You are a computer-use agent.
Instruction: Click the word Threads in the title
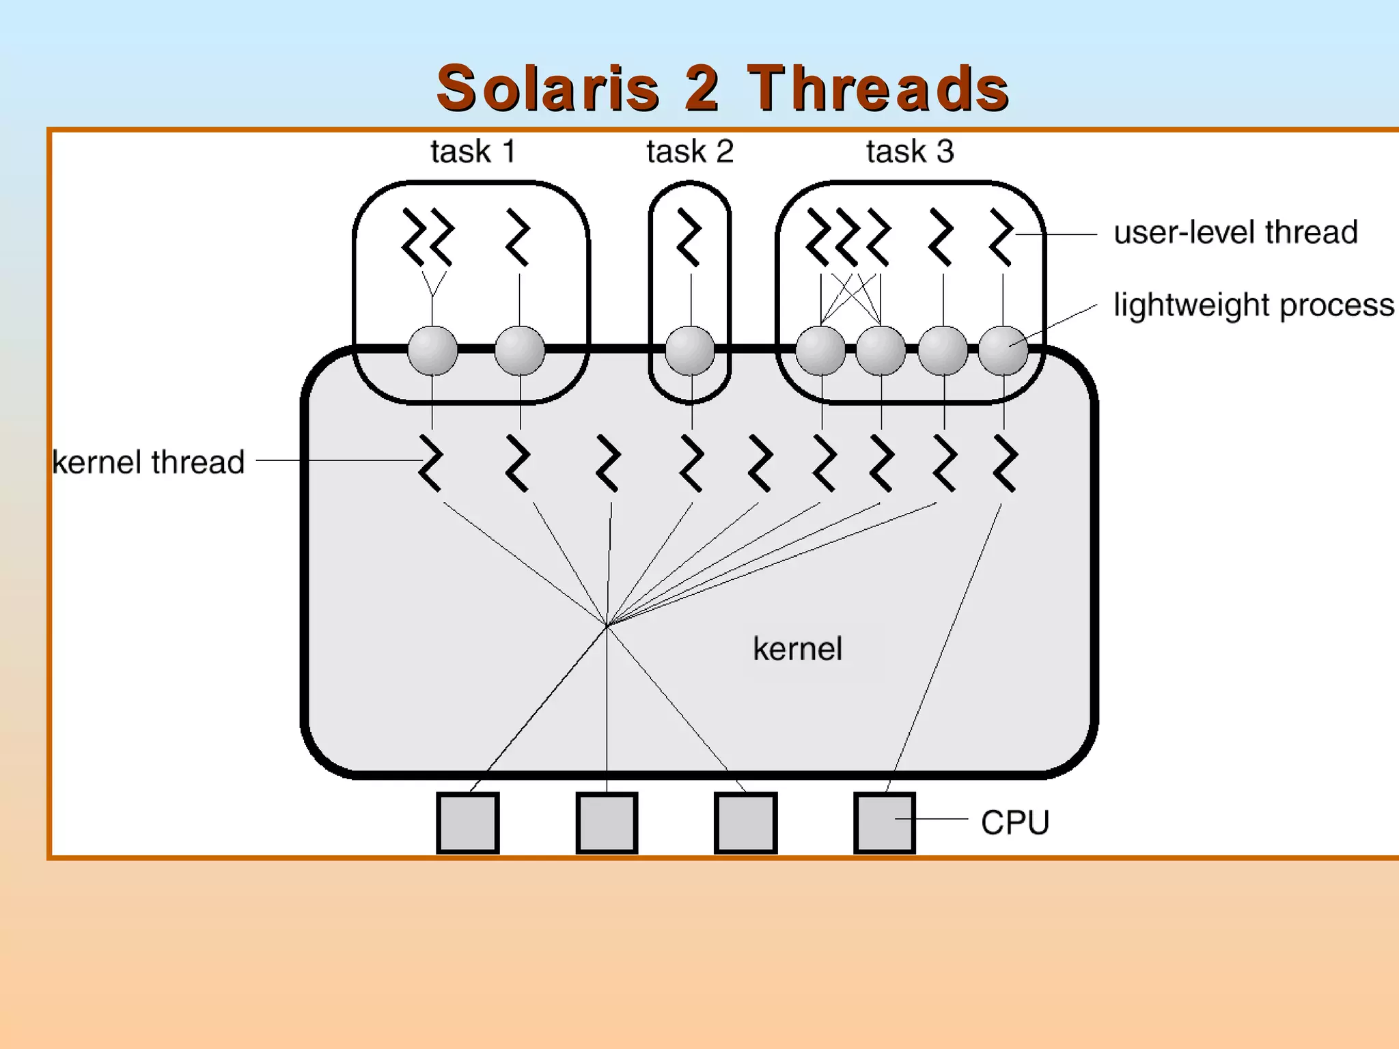(x=878, y=89)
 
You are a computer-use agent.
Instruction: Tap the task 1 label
(x=472, y=152)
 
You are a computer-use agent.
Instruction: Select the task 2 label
(x=690, y=152)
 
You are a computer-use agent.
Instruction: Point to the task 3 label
(x=910, y=152)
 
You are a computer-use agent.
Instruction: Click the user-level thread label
(x=1235, y=233)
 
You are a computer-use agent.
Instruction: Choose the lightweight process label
(x=1253, y=305)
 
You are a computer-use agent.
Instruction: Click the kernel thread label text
(x=148, y=462)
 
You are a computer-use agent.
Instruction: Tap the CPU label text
(x=1014, y=822)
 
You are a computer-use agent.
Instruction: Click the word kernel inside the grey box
(x=797, y=649)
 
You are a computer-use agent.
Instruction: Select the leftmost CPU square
(x=468, y=822)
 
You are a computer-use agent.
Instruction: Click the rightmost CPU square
(x=885, y=822)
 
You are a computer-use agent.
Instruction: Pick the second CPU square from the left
(x=607, y=822)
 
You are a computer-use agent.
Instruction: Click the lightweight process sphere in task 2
(x=690, y=350)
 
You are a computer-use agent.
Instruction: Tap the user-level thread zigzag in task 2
(x=689, y=237)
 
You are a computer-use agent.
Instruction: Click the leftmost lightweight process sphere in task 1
(x=432, y=350)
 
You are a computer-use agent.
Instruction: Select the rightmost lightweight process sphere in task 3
(x=1003, y=350)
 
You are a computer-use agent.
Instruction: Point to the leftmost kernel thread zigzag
(x=430, y=462)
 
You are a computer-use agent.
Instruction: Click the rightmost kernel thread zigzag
(x=1005, y=464)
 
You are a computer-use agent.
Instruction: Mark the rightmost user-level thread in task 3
(x=1001, y=237)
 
